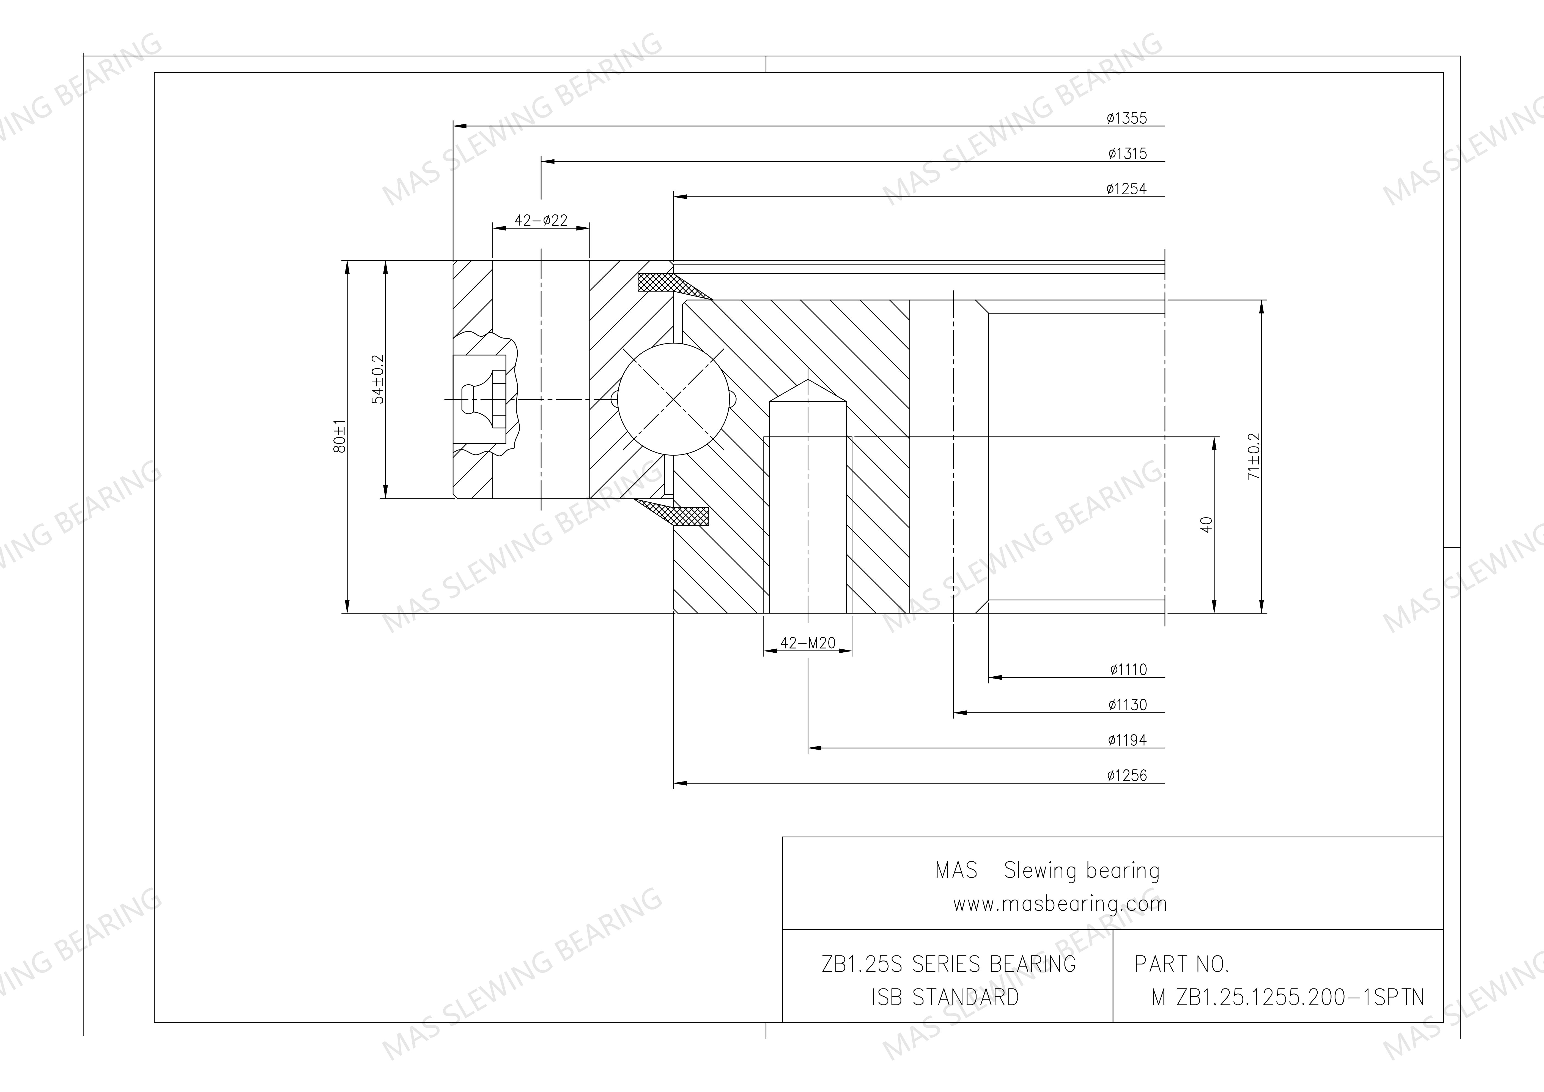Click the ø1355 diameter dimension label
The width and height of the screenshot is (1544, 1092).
point(1127,118)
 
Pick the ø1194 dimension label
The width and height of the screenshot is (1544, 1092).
point(1127,741)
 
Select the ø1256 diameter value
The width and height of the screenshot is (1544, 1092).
point(1127,776)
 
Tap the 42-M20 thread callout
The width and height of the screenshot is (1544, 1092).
point(808,643)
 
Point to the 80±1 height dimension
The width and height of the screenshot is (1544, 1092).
point(340,436)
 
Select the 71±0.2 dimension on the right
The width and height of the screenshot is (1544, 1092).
point(1254,456)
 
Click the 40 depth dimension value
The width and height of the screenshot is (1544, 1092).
point(1206,525)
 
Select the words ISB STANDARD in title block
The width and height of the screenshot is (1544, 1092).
point(945,997)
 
